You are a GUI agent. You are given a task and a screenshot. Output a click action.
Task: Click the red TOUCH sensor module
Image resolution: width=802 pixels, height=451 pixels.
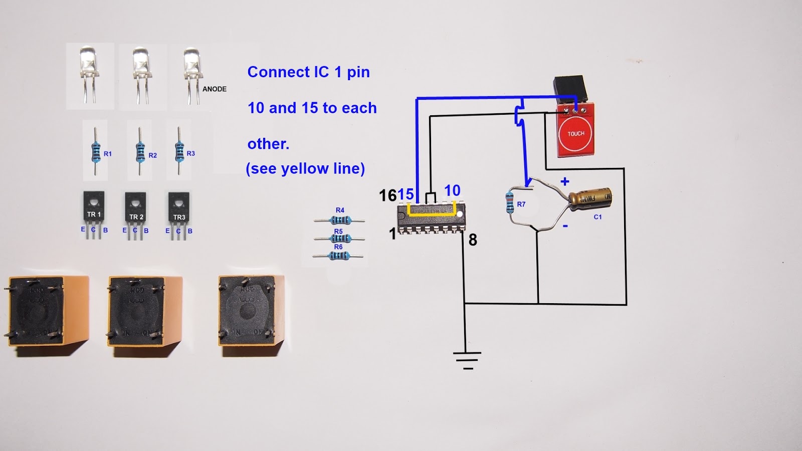tap(576, 132)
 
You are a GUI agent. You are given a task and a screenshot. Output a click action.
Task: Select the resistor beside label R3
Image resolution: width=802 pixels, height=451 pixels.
tap(179, 151)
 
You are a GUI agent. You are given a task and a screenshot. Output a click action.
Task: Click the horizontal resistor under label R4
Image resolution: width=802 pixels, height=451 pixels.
tap(340, 220)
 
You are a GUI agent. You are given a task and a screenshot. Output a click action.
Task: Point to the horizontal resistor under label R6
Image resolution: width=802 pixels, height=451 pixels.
tap(339, 256)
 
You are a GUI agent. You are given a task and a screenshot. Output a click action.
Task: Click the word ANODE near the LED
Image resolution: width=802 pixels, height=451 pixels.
tap(215, 89)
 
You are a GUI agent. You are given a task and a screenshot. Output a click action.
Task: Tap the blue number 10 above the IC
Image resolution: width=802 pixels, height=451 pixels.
tap(452, 191)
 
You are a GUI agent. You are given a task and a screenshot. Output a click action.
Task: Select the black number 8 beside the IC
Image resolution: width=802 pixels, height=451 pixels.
tap(473, 241)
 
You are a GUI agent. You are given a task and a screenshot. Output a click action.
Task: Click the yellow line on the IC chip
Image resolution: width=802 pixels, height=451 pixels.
tap(431, 214)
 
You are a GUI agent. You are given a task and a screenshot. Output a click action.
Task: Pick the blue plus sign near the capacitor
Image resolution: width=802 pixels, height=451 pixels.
tap(565, 181)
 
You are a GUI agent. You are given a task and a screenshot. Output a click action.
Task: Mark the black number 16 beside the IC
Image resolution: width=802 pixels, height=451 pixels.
tap(387, 195)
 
